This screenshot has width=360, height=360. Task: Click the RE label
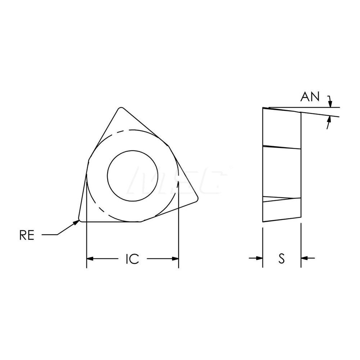[x=27, y=235]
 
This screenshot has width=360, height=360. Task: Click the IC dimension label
[x=132, y=259]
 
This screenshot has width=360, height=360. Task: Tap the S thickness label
[x=282, y=258]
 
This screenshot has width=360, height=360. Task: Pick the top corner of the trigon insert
[x=121, y=108]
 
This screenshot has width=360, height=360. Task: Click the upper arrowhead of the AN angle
[x=330, y=104]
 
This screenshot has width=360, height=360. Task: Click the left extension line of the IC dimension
[x=87, y=245]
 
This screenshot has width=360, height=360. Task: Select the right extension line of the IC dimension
[x=179, y=245]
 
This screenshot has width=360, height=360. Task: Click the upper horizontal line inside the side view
[x=282, y=147]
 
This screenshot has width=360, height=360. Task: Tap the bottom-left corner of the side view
[x=263, y=222]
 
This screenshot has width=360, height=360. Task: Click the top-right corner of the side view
[x=300, y=112]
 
